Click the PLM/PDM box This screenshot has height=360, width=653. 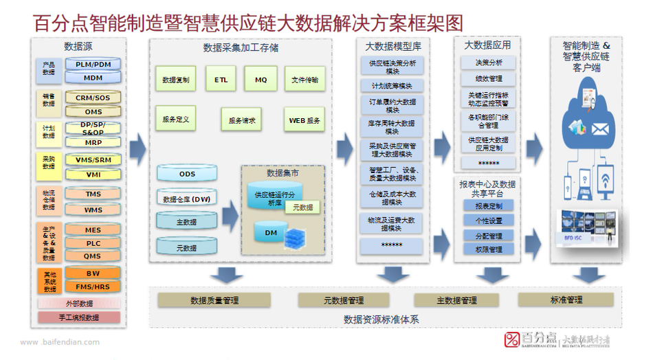point(93,65)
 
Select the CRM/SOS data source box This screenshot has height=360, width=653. point(93,98)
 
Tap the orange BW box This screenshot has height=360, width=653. point(93,273)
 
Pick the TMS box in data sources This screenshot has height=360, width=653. point(93,194)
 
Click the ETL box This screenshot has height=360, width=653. point(221,80)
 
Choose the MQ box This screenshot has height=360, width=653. point(261,80)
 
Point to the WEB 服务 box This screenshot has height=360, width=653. point(305,120)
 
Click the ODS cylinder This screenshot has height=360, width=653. point(187,174)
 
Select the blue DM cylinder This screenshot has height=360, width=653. point(271,233)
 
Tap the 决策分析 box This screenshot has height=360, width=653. point(489,63)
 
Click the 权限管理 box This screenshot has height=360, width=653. point(489,249)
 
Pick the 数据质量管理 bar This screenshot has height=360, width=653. point(214,300)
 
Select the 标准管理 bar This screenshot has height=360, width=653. point(566,300)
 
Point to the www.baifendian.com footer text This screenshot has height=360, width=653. point(60,342)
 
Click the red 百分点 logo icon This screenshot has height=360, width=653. point(513,339)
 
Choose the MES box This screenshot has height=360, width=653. point(93,230)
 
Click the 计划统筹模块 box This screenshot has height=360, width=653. point(392,86)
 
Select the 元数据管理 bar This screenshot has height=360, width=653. point(344,300)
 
